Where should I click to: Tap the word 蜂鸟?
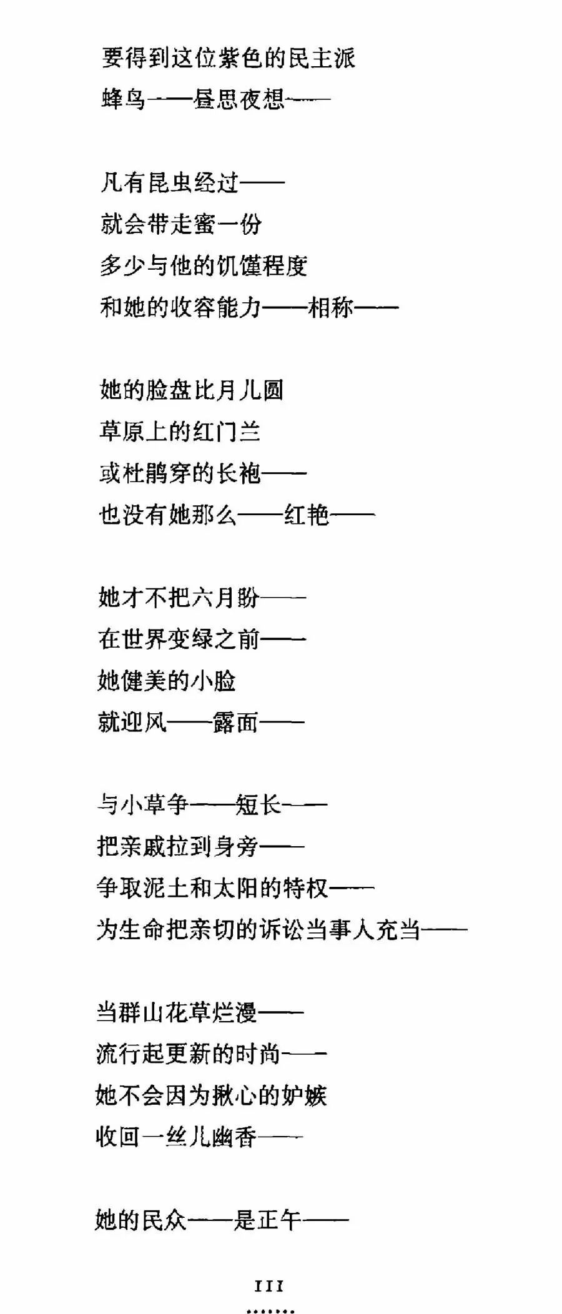point(124,99)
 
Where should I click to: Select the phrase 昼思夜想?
point(239,99)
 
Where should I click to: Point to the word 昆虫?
point(170,182)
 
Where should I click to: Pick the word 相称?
point(331,307)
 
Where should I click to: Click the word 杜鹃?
point(147,473)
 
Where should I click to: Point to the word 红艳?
point(307,515)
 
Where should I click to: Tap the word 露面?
point(235,722)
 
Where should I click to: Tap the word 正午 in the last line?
point(279,1219)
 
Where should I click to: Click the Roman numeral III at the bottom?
point(270,1286)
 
